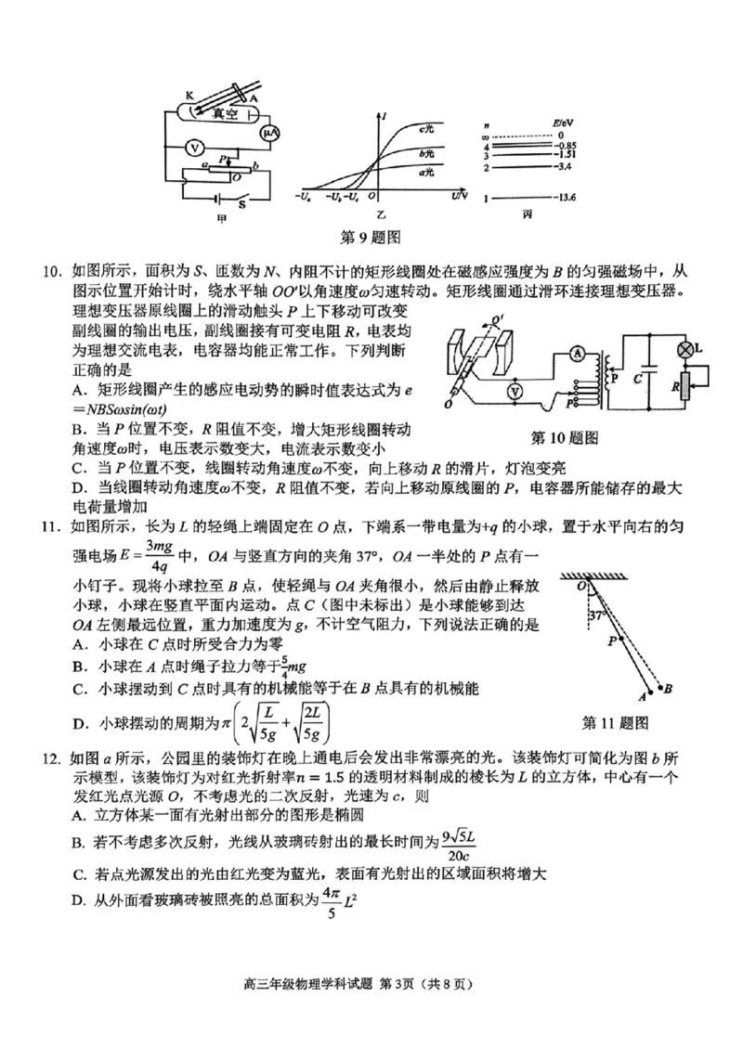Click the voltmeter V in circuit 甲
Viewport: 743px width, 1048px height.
click(195, 148)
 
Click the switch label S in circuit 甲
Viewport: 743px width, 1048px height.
click(242, 204)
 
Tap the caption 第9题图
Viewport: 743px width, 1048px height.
click(371, 237)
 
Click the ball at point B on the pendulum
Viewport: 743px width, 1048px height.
click(667, 689)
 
